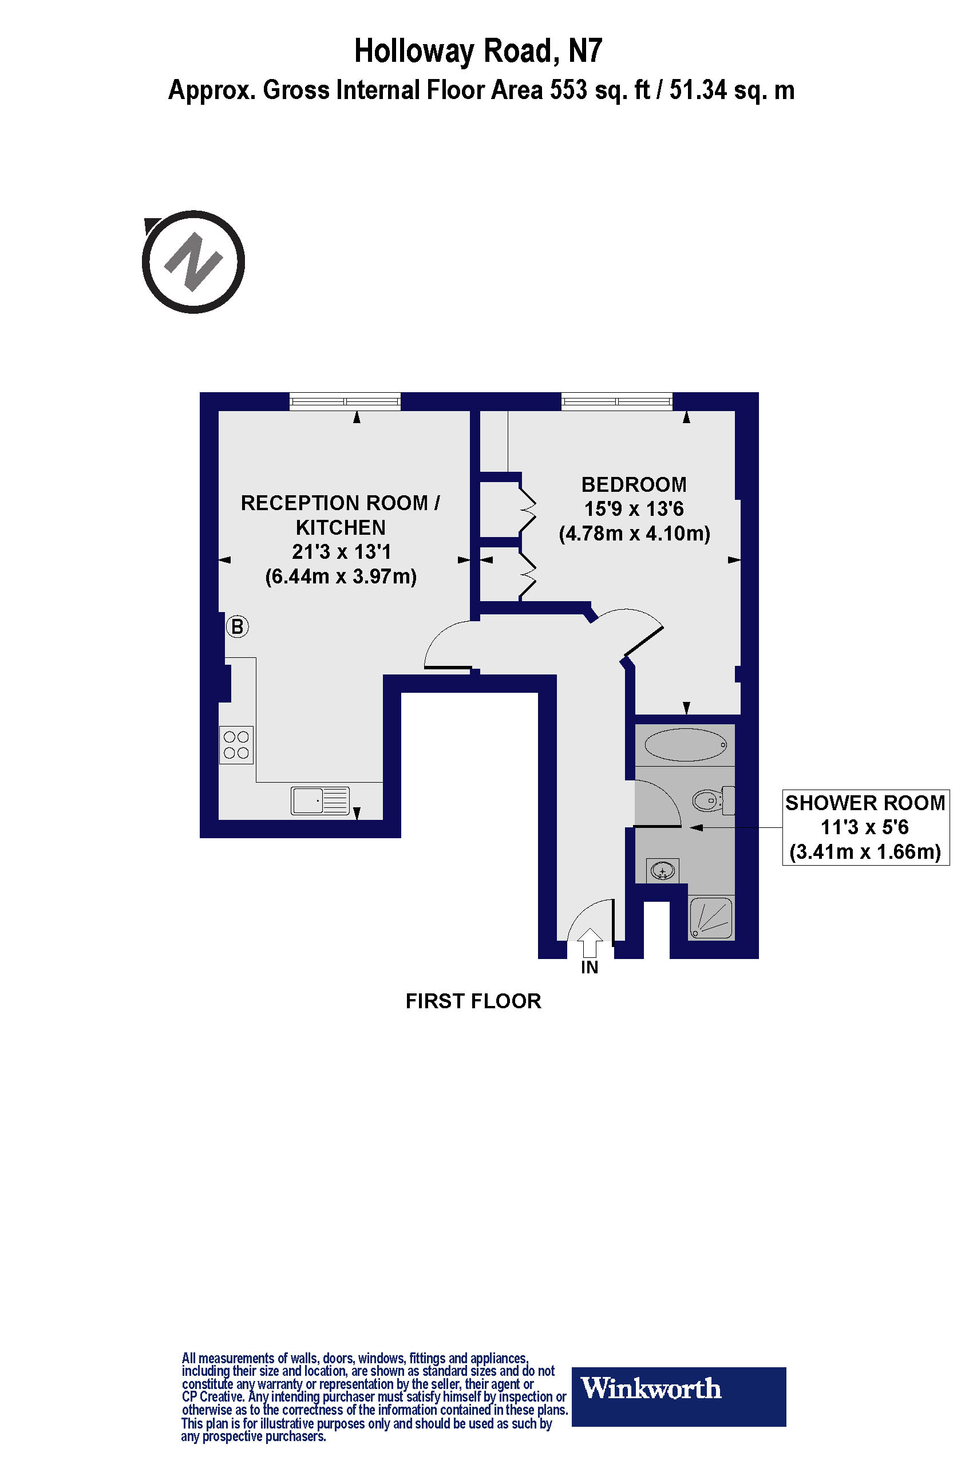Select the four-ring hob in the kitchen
pos(236,745)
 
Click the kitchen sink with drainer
pos(320,800)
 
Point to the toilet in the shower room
pos(713,801)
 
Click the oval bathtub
pos(685,744)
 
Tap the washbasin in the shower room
pos(663,871)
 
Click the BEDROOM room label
pos(634,485)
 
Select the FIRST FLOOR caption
pos(473,1001)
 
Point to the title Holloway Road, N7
pos(478,52)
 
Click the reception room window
pos(345,401)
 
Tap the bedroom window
pos(617,401)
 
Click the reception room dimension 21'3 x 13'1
pos(341,552)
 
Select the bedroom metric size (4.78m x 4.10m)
pos(634,533)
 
